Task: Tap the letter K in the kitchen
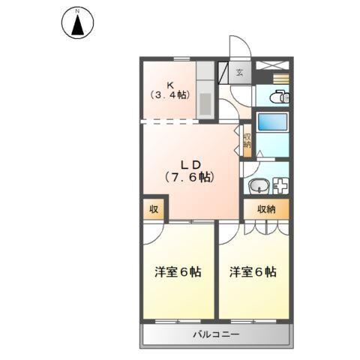click(171, 83)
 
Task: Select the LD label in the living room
click(190, 163)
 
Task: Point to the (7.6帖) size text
click(190, 178)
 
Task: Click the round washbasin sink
click(256, 187)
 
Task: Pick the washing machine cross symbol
click(280, 187)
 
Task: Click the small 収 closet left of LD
click(152, 209)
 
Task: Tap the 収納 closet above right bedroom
click(266, 209)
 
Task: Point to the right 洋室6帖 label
click(253, 272)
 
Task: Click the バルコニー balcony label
click(214, 334)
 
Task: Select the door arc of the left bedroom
click(154, 232)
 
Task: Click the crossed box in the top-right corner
click(272, 66)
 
